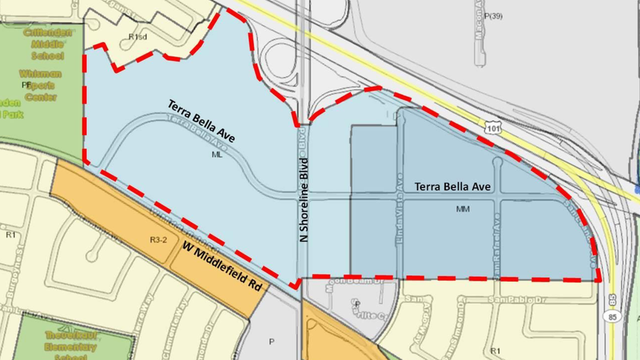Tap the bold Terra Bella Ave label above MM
(x=453, y=186)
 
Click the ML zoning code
(x=217, y=154)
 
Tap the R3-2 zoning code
(x=158, y=240)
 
